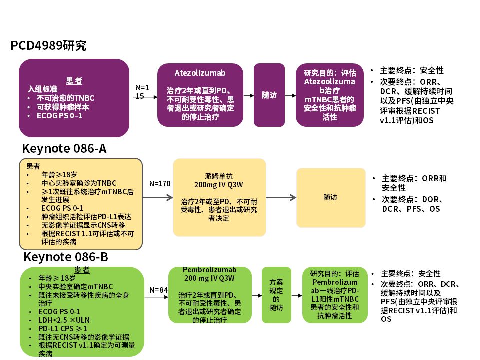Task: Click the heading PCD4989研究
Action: point(48,46)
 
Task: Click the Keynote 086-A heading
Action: point(64,149)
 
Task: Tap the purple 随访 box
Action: point(269,95)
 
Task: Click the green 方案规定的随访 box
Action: point(276,295)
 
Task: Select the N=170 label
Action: point(160,183)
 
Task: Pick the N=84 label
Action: point(158,290)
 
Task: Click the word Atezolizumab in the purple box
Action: point(200,73)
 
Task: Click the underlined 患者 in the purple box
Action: point(74,81)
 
